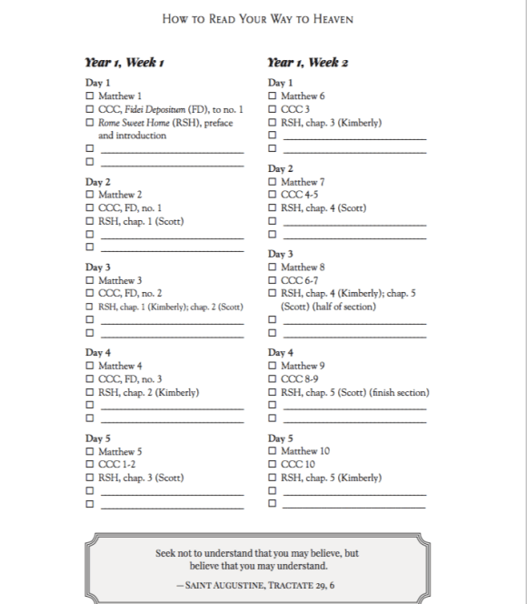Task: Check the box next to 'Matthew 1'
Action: [89, 96]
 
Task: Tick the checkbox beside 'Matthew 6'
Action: [273, 96]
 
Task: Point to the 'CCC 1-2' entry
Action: [117, 465]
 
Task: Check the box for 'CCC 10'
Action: [273, 465]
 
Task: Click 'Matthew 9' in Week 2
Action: [303, 366]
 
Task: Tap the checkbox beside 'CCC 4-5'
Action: [273, 194]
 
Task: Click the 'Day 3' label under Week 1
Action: [98, 267]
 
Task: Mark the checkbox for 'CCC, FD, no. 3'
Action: [89, 379]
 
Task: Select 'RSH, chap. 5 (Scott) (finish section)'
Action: [354, 393]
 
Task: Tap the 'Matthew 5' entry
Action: [120, 451]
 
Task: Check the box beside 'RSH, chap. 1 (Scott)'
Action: [89, 221]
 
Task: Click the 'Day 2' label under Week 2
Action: [281, 168]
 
